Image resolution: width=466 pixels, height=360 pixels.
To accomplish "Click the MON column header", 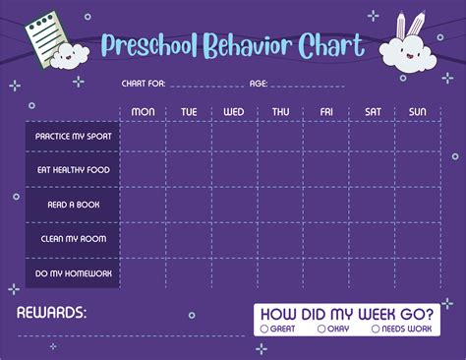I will pyautogui.click(x=144, y=112).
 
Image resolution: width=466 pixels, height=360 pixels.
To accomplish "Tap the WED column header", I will pyautogui.click(x=234, y=112).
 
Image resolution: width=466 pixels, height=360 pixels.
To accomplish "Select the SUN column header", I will pyautogui.click(x=418, y=112).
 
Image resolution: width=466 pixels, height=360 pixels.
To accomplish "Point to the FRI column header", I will pyautogui.click(x=326, y=112).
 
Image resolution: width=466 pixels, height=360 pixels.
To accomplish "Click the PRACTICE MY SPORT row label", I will pyautogui.click(x=74, y=137).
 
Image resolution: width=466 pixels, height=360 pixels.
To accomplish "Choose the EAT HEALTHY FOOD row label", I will pyautogui.click(x=74, y=170).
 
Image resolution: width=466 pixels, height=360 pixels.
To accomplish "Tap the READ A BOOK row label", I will pyautogui.click(x=74, y=205).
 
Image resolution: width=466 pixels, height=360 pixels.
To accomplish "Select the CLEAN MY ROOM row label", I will pyautogui.click(x=74, y=238).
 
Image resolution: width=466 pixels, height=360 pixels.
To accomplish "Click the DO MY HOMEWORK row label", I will pyautogui.click(x=74, y=272).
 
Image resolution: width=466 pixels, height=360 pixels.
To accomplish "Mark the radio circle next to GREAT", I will pyautogui.click(x=263, y=328).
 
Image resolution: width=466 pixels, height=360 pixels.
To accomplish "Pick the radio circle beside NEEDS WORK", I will pyautogui.click(x=376, y=328).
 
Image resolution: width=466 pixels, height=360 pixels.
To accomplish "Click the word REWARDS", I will pyautogui.click(x=51, y=313).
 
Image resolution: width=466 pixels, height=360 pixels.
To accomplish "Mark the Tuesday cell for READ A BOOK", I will pyautogui.click(x=189, y=205).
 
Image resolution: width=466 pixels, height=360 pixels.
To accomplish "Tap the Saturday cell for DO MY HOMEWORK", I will pyautogui.click(x=373, y=272).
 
